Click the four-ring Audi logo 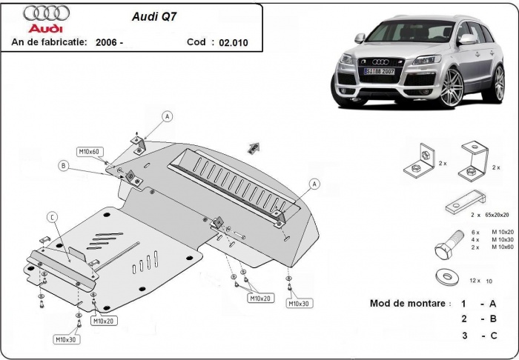tap(47, 13)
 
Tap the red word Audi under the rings tap(47, 27)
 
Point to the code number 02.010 tap(234, 43)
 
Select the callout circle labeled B tap(64, 166)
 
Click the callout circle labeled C tap(52, 216)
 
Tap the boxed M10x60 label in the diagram tap(89, 152)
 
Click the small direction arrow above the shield tap(254, 145)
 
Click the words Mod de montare tap(409, 304)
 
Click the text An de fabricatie tap(50, 43)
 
